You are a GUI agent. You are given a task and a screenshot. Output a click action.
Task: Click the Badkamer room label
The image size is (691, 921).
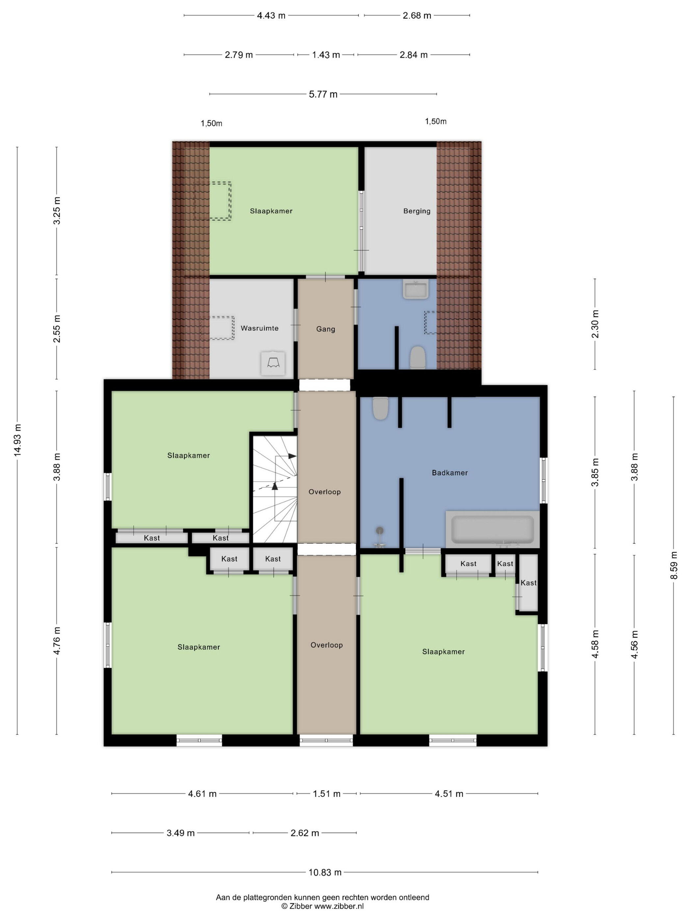point(449,473)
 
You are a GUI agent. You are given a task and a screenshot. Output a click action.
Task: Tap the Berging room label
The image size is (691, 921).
point(417,211)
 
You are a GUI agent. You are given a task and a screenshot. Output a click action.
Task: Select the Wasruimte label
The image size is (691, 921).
point(260,328)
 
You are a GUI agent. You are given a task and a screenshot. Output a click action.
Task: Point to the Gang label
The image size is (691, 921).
point(325,329)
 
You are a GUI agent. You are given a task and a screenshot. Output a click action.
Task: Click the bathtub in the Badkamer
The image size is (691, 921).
point(492,529)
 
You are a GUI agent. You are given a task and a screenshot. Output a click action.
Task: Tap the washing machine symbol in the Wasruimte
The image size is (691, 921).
point(273,363)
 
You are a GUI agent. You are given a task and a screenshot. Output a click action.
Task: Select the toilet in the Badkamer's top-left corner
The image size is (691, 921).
point(381,408)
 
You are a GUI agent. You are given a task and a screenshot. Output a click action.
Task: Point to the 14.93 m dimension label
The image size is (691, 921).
point(17,440)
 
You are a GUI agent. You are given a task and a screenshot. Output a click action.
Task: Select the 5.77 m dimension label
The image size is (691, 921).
point(323,94)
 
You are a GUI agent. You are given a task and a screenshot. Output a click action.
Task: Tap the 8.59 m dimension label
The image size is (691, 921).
point(674,565)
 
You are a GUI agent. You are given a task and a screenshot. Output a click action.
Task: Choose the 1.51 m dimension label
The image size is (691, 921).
point(326,794)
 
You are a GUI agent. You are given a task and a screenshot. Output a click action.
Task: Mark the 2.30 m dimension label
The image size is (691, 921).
point(595,324)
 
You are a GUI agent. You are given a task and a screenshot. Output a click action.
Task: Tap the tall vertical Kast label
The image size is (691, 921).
point(528,583)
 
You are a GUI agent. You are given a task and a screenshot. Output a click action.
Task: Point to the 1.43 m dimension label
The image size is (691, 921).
point(326,55)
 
